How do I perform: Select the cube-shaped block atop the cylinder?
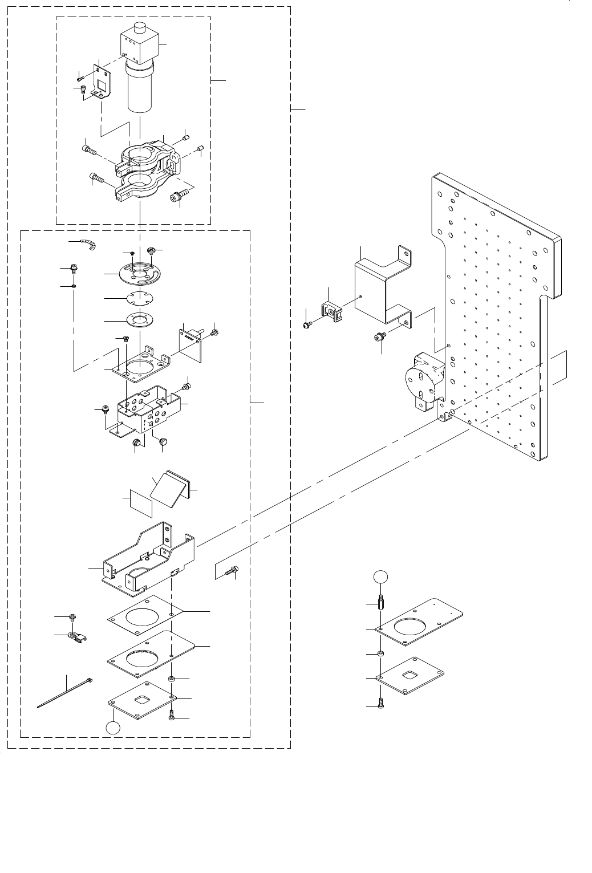pos(139,46)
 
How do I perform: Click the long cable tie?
pos(66,693)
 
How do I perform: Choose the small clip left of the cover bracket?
pos(333,309)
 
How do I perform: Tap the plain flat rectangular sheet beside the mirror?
pos(140,501)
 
